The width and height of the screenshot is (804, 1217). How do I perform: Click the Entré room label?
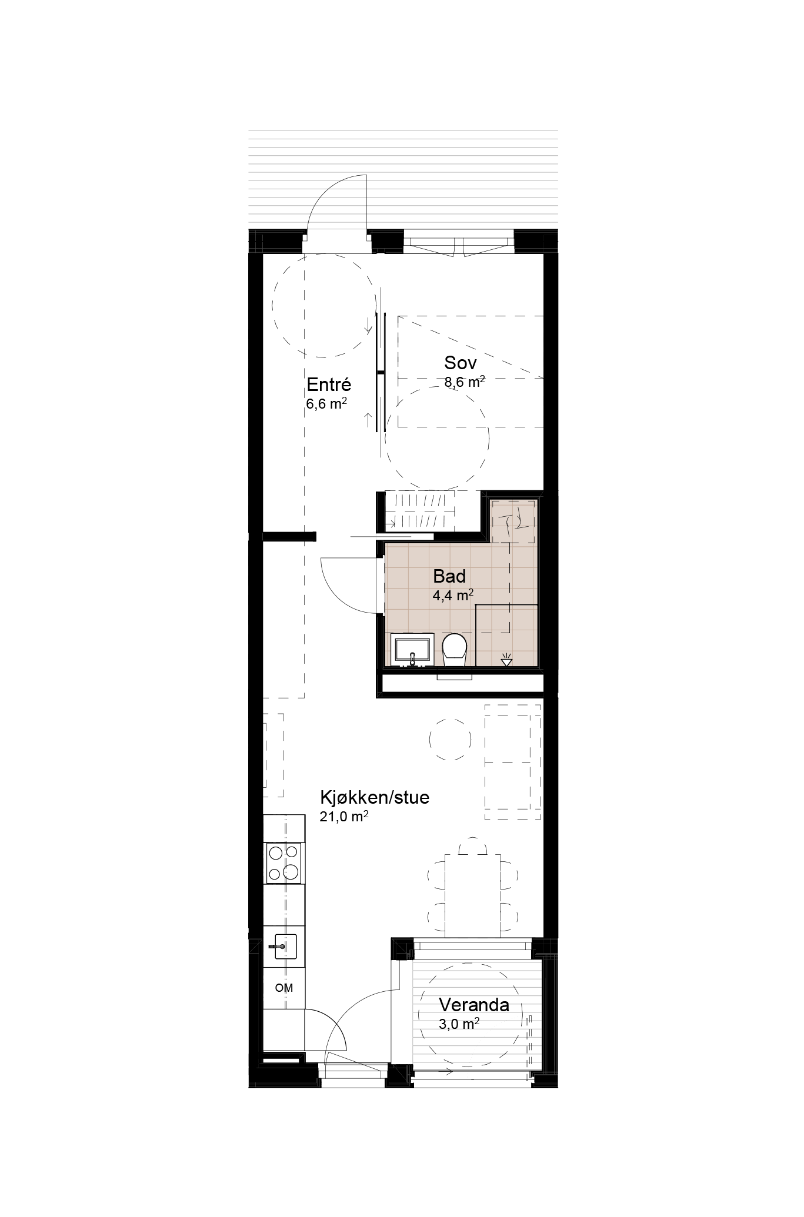(x=329, y=385)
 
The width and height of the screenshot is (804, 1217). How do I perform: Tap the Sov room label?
(x=461, y=363)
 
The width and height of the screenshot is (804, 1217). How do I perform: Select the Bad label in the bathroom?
(x=449, y=576)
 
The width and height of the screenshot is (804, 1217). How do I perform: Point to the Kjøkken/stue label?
(x=375, y=797)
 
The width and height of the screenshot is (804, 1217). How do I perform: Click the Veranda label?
(x=474, y=1005)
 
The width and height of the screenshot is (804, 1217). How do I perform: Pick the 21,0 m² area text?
(x=344, y=816)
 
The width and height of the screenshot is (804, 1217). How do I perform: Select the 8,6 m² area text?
(x=465, y=382)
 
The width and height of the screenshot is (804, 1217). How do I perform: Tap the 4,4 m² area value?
(x=453, y=595)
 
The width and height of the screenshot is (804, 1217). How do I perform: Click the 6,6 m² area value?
(x=326, y=404)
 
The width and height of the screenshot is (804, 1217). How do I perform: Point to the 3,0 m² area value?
(x=459, y=1024)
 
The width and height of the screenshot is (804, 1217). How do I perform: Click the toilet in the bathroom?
(x=454, y=650)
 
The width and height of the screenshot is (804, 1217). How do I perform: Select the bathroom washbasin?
(x=412, y=650)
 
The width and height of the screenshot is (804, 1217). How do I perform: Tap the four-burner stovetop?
(x=283, y=863)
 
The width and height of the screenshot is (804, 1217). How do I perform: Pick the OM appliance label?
(x=284, y=988)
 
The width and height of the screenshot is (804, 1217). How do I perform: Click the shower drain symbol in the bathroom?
(x=506, y=661)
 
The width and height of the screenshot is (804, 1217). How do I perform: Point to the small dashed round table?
(x=450, y=740)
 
